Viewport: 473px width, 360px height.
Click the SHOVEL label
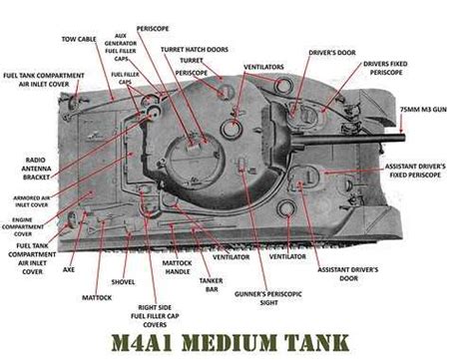tap(123, 282)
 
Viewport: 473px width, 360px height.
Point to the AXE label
tap(68, 269)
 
